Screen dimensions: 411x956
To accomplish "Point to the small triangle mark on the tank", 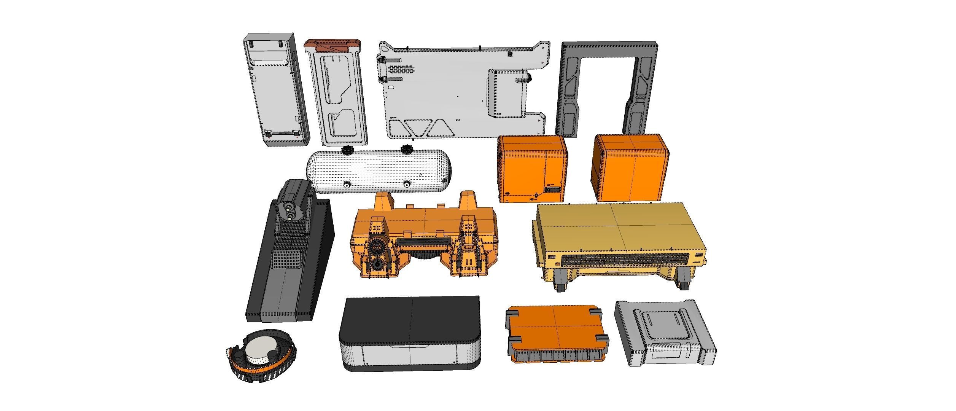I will [420, 175].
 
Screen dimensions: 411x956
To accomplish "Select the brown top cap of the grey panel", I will [332, 45].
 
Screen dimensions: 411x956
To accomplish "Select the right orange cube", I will [629, 167].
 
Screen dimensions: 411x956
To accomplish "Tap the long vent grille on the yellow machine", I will [624, 260].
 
